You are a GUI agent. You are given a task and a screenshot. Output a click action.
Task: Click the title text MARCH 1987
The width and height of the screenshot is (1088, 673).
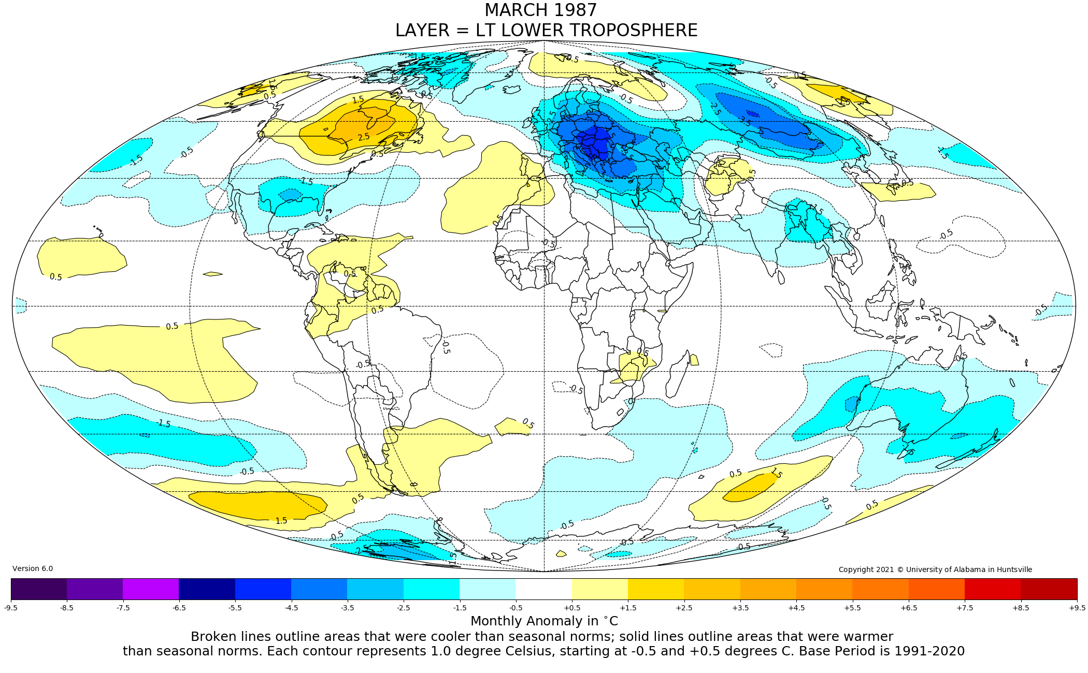click(x=540, y=10)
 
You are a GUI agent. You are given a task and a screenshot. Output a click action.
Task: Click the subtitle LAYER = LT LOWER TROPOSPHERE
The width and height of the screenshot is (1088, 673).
click(x=546, y=31)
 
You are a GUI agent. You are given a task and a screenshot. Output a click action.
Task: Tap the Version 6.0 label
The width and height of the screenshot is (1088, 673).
click(x=33, y=568)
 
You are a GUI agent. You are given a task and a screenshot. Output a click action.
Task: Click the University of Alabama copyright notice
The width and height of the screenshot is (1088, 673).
click(x=935, y=569)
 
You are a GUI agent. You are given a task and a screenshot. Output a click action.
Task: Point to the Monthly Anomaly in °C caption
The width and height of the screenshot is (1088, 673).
click(x=544, y=621)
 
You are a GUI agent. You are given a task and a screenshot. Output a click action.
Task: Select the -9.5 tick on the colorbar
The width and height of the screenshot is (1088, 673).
click(x=11, y=608)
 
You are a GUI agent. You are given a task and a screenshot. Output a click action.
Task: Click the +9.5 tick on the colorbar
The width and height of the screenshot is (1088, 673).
click(x=1077, y=608)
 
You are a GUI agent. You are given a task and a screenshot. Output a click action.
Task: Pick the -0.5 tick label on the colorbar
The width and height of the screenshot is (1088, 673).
click(x=516, y=608)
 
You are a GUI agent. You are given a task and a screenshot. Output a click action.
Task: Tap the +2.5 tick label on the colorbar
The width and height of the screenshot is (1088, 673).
click(x=684, y=608)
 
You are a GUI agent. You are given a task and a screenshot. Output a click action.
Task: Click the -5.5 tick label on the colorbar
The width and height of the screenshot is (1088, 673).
click(x=235, y=608)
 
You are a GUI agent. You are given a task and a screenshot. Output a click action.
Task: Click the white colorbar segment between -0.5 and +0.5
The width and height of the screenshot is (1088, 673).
click(x=543, y=589)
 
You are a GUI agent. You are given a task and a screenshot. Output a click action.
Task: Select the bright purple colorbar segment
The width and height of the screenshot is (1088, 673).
click(x=151, y=589)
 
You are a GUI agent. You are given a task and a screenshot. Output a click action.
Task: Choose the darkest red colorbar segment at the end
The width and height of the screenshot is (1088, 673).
click(x=1049, y=589)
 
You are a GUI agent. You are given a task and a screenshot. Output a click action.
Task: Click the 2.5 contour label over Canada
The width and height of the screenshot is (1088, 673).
click(x=364, y=137)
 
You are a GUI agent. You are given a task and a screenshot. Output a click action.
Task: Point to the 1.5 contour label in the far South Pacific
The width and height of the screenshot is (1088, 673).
click(x=281, y=520)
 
